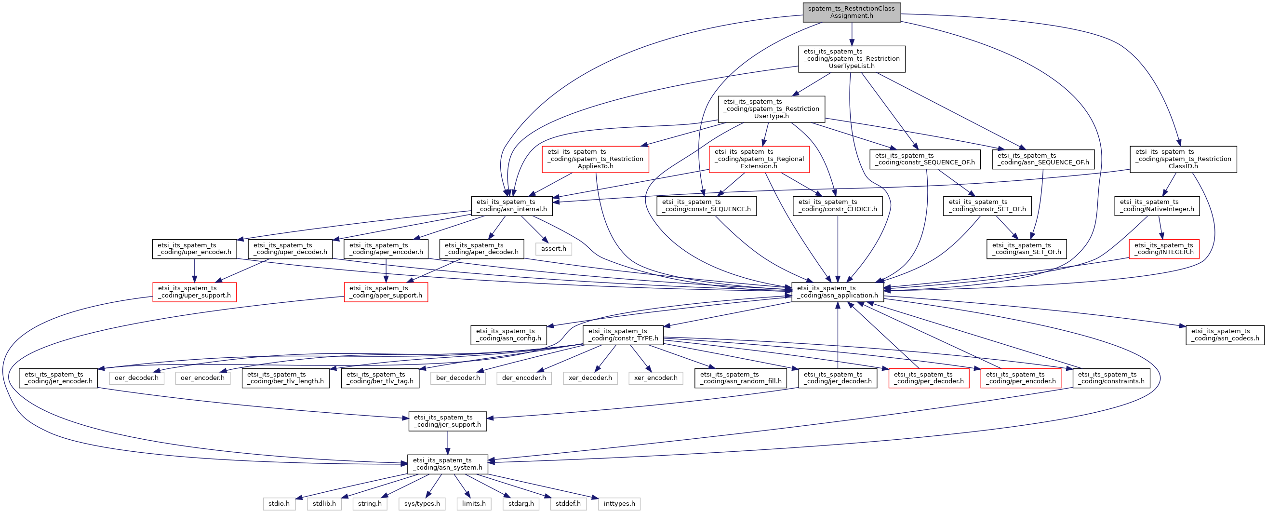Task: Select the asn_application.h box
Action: point(837,292)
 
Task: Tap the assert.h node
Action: point(553,249)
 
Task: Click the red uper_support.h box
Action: point(194,292)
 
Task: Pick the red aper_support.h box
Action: point(386,292)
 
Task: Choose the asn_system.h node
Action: point(448,464)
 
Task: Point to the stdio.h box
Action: point(279,504)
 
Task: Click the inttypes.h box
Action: point(619,504)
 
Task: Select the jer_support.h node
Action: point(447,421)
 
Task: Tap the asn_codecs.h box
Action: point(1225,335)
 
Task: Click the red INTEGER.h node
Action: point(1164,249)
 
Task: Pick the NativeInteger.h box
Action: point(1157,205)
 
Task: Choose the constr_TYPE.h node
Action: point(623,335)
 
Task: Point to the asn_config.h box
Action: point(508,335)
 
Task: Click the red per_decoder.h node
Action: point(929,378)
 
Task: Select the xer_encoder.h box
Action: point(655,378)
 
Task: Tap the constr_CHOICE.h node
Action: point(838,205)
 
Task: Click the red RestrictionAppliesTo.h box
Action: point(595,160)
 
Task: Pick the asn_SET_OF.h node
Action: point(1027,249)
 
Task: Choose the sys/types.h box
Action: point(422,504)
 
